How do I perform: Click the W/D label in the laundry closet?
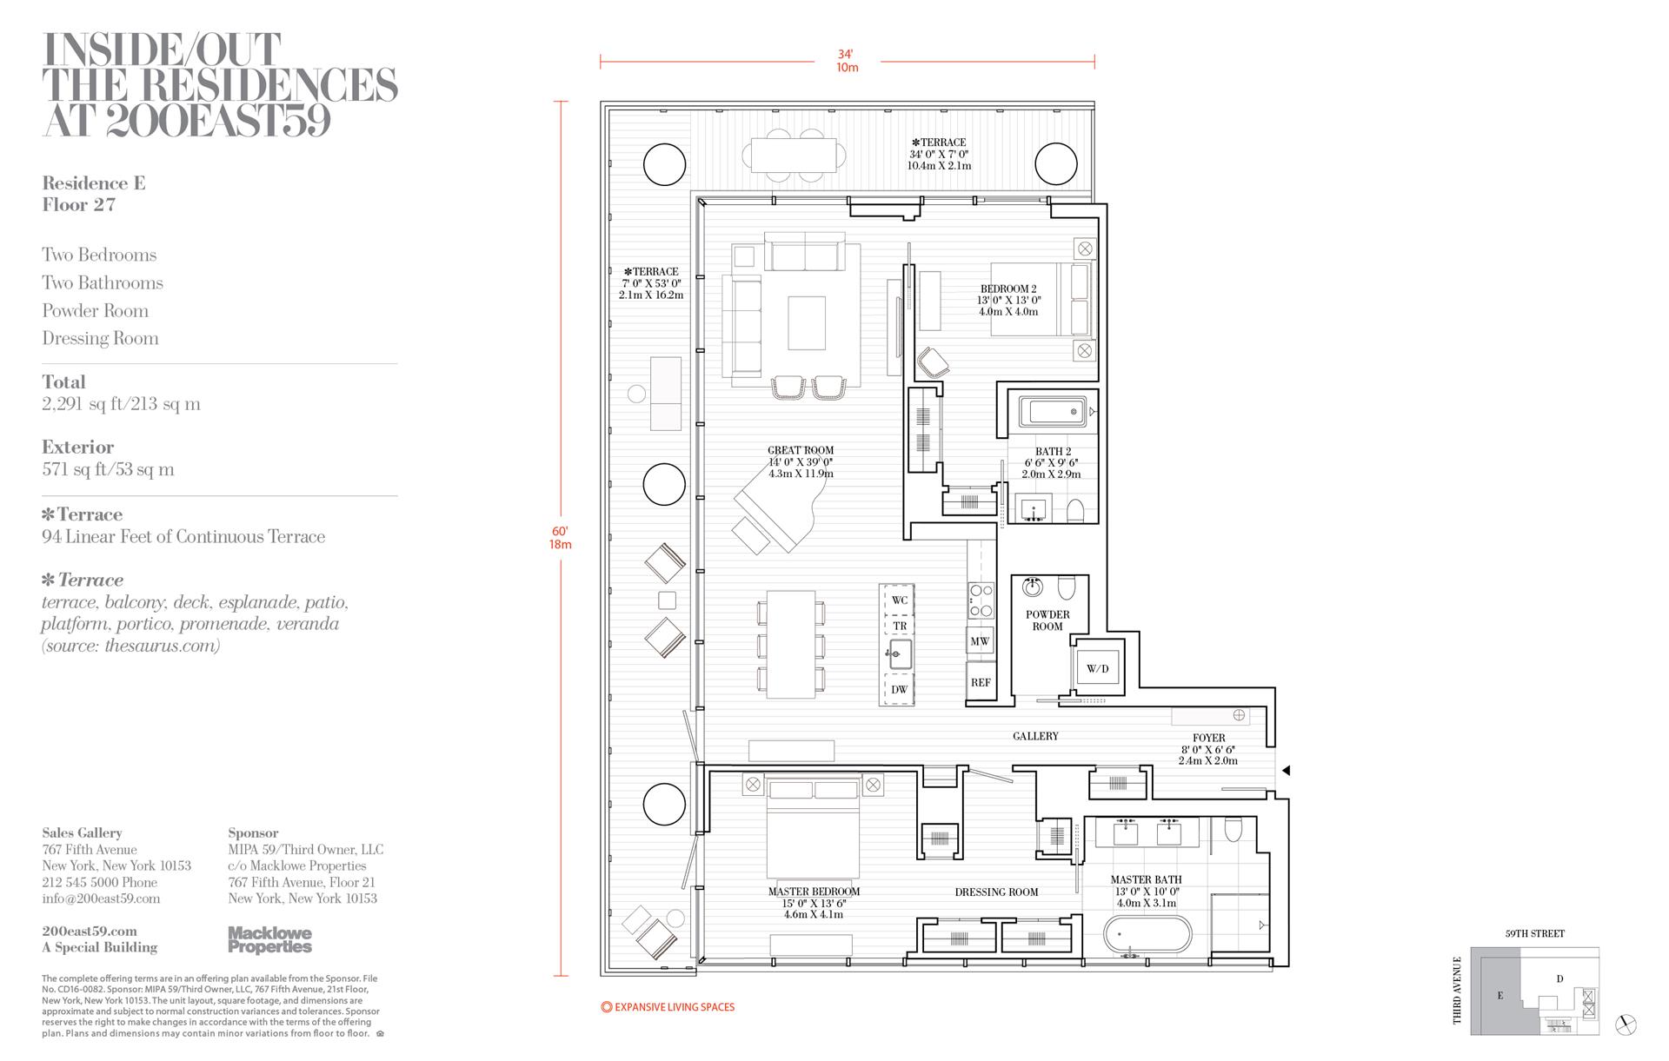pos(1098,669)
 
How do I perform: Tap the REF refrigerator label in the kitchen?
pos(981,683)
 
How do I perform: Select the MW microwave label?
pos(980,642)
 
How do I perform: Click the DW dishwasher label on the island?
pos(899,690)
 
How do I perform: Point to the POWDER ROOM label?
pos(1047,620)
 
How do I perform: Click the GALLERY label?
pos(1035,736)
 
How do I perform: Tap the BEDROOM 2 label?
pos(1008,289)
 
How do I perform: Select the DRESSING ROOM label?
pos(996,892)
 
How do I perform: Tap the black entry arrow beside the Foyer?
pos(1287,771)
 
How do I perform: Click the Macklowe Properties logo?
pos(269,940)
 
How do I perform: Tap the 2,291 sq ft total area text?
pos(121,404)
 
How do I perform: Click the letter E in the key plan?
pos(1500,996)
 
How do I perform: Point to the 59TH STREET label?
pos(1535,934)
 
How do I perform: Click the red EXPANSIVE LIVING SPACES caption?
pos(668,1007)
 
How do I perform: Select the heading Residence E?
pos(94,183)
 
